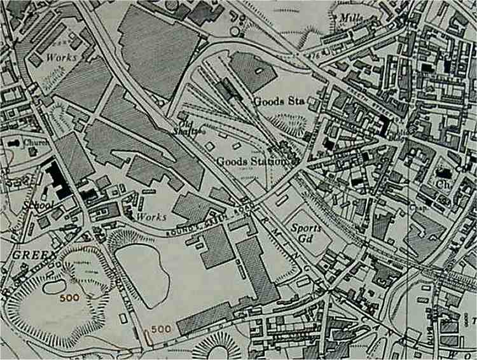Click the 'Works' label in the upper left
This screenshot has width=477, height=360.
62,57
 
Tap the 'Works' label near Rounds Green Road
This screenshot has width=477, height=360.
152,217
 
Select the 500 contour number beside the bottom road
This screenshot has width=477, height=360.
162,328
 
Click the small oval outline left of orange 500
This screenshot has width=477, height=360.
55,286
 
